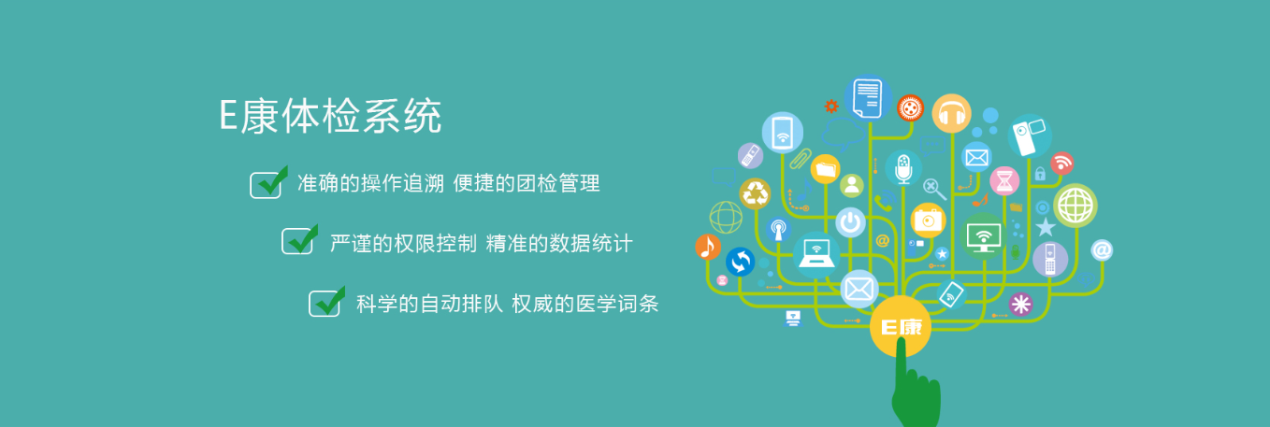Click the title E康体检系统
click(330, 116)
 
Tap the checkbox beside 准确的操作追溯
click(267, 183)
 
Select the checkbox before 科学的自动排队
click(326, 302)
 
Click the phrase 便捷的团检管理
click(527, 183)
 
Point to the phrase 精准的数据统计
click(559, 244)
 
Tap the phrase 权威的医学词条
click(585, 304)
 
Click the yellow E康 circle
click(901, 327)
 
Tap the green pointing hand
click(914, 388)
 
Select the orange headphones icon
click(951, 113)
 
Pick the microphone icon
click(903, 168)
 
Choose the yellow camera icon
click(928, 220)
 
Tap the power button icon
click(850, 222)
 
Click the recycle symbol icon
click(756, 193)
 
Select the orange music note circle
click(708, 247)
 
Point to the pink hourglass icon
click(1004, 181)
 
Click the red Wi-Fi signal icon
click(1062, 164)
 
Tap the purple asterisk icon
click(1020, 304)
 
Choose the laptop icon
click(816, 254)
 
